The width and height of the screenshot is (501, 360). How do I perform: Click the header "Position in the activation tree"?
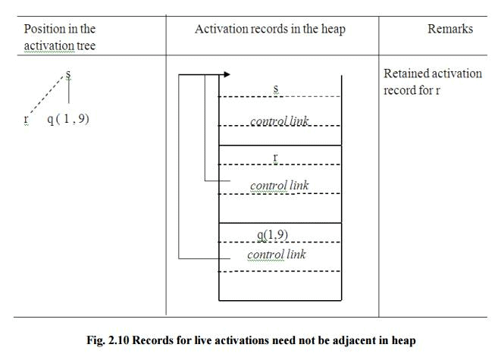pos(60,36)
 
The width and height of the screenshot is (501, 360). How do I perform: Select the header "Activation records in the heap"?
pos(270,29)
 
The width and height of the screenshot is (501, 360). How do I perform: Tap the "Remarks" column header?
pos(450,29)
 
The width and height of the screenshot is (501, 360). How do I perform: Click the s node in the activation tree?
pos(68,74)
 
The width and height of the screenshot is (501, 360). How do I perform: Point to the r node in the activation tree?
pos(26,119)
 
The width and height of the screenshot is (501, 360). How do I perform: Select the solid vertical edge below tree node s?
pos(69,92)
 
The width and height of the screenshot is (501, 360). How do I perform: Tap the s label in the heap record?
pos(276,89)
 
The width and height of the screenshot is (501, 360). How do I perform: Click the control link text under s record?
pos(280,121)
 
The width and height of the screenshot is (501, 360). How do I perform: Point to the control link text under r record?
pos(280,186)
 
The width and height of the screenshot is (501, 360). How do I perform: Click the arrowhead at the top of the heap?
pos(227,74)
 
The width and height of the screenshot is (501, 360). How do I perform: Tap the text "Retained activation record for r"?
pos(432,81)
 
